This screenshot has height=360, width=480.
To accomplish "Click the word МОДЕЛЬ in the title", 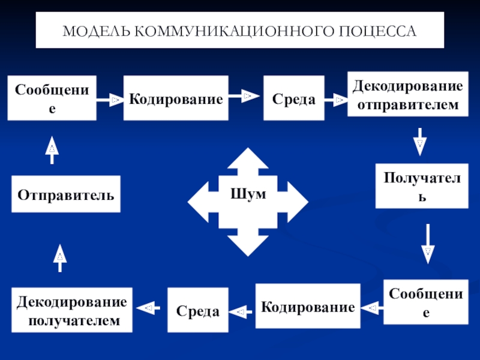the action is coord(97,31).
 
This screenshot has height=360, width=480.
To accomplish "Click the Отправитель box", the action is coord(66,194).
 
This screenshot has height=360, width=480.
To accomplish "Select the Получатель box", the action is coord(422,186).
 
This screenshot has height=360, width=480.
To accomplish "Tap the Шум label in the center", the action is coord(248,194).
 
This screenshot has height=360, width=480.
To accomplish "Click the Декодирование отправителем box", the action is coord(408,94).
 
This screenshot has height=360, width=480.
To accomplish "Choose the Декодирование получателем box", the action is coord(72,310).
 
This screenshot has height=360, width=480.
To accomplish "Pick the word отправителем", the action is coord(408,104).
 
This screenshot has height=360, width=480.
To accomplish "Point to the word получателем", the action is coord(74,320).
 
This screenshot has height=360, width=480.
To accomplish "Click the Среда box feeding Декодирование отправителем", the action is coord(294,98).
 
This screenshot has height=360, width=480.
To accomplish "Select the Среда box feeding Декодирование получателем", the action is coord(198,310).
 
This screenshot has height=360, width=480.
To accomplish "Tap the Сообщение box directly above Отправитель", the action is coord(52,98).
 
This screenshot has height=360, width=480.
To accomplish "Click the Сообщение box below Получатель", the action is coord(426,302).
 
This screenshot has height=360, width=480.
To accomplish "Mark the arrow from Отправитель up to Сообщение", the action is coord(52,150).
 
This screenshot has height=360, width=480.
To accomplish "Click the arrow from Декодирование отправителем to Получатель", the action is coord(419,142).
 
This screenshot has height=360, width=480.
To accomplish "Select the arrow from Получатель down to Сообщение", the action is coord(428,244).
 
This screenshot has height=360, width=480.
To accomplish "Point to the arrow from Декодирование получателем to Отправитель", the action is coord(60,258).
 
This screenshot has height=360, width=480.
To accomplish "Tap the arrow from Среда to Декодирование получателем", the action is coord(148,308).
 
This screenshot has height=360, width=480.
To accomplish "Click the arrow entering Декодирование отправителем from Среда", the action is coord(336,100).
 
